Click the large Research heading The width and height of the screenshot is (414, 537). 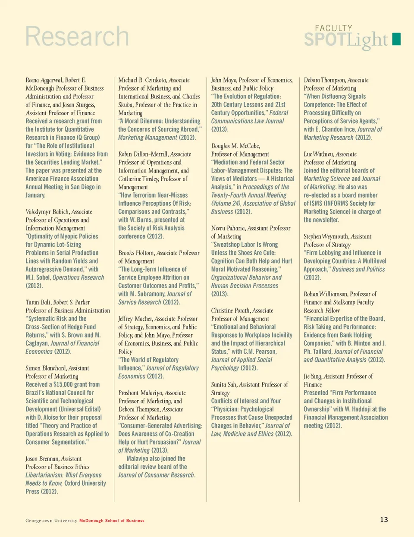77,37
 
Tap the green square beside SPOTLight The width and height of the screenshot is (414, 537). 396,39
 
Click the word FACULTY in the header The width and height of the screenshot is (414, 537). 333,28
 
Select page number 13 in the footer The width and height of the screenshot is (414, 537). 384,519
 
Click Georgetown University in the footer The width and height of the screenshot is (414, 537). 51,521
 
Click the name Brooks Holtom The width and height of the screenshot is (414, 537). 136,253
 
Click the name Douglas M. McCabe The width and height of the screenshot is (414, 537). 235,146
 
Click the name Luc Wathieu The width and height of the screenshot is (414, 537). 318,154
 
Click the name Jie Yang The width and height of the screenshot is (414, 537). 312,377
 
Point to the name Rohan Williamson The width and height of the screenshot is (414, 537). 326,294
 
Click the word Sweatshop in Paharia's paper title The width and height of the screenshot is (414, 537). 228,245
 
